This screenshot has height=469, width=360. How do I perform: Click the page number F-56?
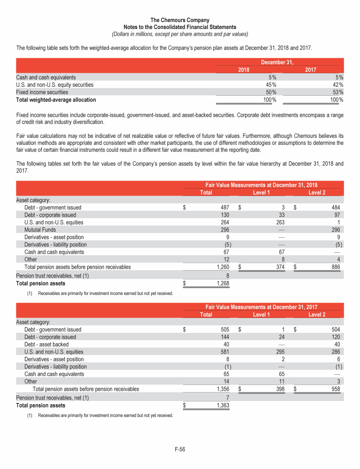pos(180,449)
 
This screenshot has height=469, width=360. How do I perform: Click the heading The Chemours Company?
pos(180,20)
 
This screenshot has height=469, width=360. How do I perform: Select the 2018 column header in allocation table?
pos(243,70)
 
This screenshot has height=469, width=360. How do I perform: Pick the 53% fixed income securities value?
pos(337,92)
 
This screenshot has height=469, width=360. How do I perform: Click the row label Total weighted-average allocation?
pos(56,100)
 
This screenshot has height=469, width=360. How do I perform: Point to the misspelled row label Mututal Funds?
pos(40,230)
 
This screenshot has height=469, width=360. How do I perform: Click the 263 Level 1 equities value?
pos(277,222)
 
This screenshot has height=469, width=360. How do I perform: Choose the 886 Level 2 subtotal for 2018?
pos(334,267)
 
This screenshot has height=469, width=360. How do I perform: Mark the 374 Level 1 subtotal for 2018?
pos(277,267)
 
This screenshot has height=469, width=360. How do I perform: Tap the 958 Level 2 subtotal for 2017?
pos(334,389)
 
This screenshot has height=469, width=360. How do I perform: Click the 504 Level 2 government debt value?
pos(334,329)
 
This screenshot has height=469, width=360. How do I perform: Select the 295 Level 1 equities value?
pos(277,352)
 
